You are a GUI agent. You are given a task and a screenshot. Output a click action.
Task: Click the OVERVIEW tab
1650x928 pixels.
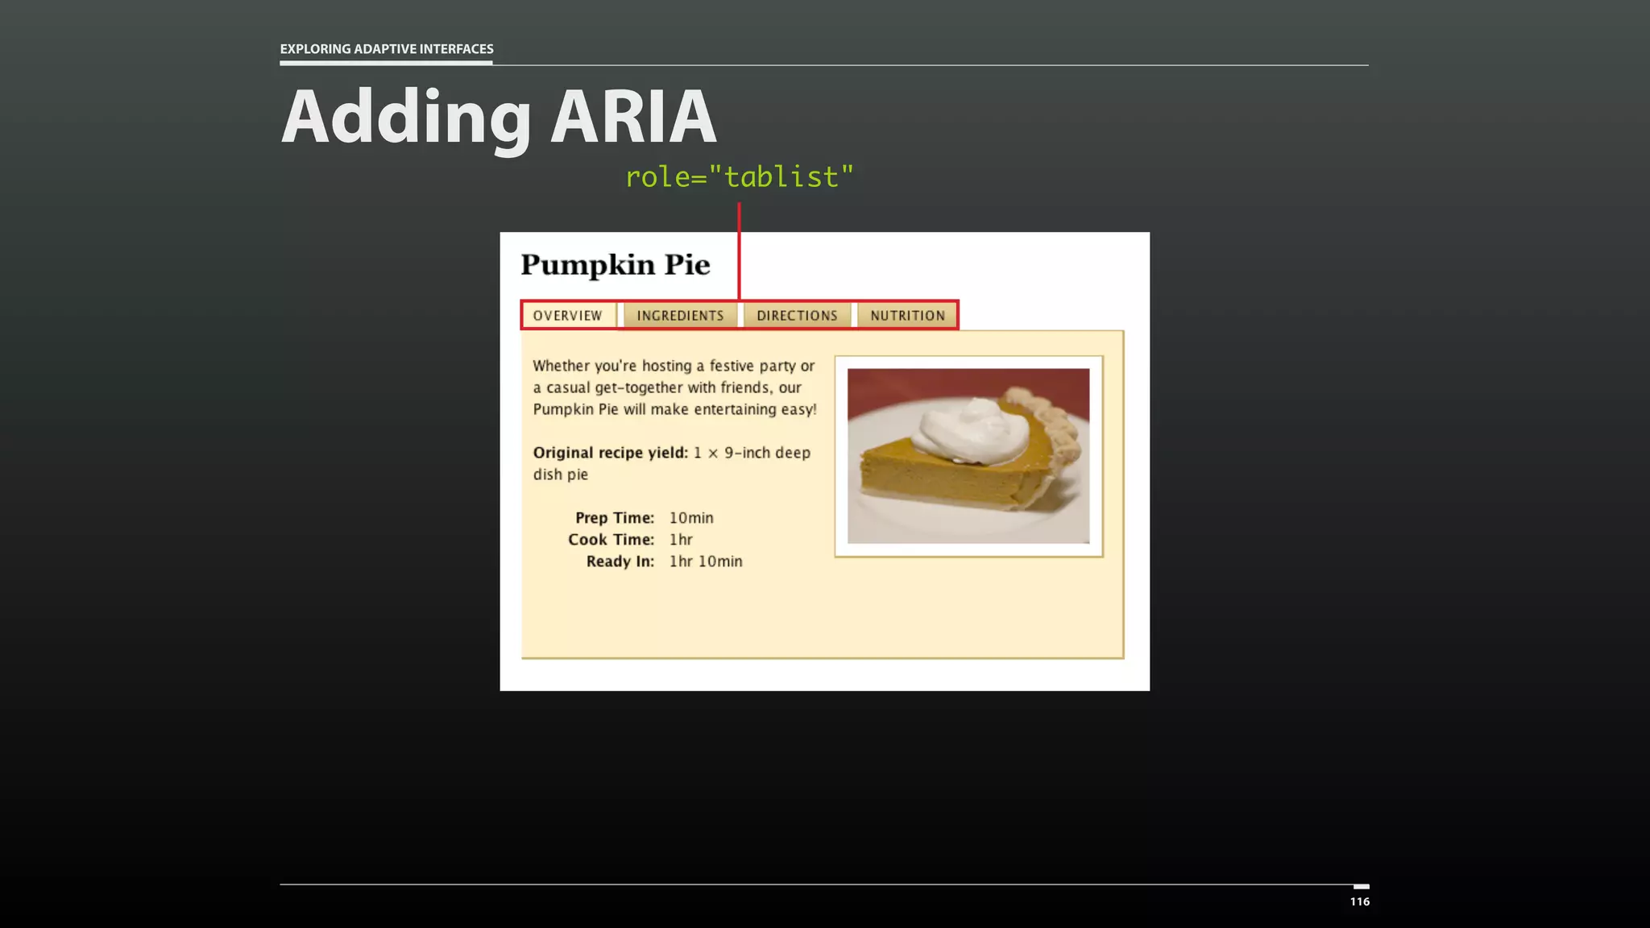point(567,316)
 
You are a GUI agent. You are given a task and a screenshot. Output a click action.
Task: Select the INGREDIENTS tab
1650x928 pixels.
point(680,316)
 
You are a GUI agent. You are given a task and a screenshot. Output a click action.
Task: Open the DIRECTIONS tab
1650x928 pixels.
point(797,316)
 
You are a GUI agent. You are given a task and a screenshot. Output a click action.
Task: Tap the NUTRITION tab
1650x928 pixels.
point(907,316)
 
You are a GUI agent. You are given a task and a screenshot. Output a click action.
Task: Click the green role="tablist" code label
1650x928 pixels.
point(739,176)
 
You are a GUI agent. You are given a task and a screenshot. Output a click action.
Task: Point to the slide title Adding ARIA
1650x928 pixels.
point(498,118)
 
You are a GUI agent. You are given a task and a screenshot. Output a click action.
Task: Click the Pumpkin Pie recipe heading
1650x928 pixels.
point(615,265)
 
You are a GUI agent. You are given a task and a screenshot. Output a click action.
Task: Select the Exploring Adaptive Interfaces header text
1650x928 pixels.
point(387,49)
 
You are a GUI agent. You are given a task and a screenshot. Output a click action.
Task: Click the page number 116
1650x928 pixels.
point(1359,901)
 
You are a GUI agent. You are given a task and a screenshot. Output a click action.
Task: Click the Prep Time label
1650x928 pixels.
point(614,518)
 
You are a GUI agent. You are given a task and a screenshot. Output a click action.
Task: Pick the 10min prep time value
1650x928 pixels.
point(691,518)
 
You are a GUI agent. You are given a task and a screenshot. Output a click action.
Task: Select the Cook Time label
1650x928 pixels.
point(611,540)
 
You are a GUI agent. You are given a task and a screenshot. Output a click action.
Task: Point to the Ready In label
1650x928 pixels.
point(620,561)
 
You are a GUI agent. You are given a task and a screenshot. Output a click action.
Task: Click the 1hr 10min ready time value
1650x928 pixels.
point(706,561)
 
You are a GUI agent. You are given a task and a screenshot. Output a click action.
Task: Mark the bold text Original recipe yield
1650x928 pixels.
point(610,453)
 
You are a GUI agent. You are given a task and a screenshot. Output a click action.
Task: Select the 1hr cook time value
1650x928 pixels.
point(681,540)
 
